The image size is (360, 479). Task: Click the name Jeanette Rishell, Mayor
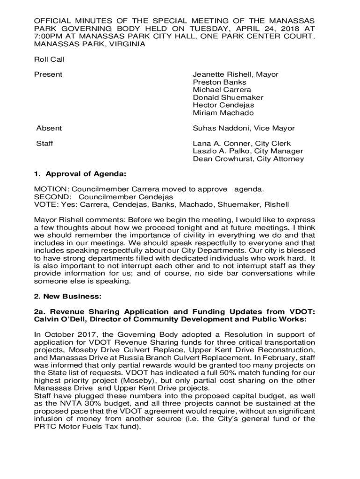[x=235, y=74]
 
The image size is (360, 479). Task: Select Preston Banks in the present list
[x=219, y=82]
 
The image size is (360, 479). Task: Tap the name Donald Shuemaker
[x=228, y=97]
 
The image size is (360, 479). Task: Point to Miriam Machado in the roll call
[x=223, y=113]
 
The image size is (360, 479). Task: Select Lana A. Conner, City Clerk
[x=241, y=144]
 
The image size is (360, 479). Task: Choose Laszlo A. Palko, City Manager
[x=248, y=151]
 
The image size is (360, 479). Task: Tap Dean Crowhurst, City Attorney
[x=248, y=159]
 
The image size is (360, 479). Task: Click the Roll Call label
[x=49, y=59]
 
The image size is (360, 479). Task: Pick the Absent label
[x=49, y=128]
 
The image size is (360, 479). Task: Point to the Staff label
[x=44, y=144]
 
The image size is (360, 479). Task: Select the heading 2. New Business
[x=67, y=297]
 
